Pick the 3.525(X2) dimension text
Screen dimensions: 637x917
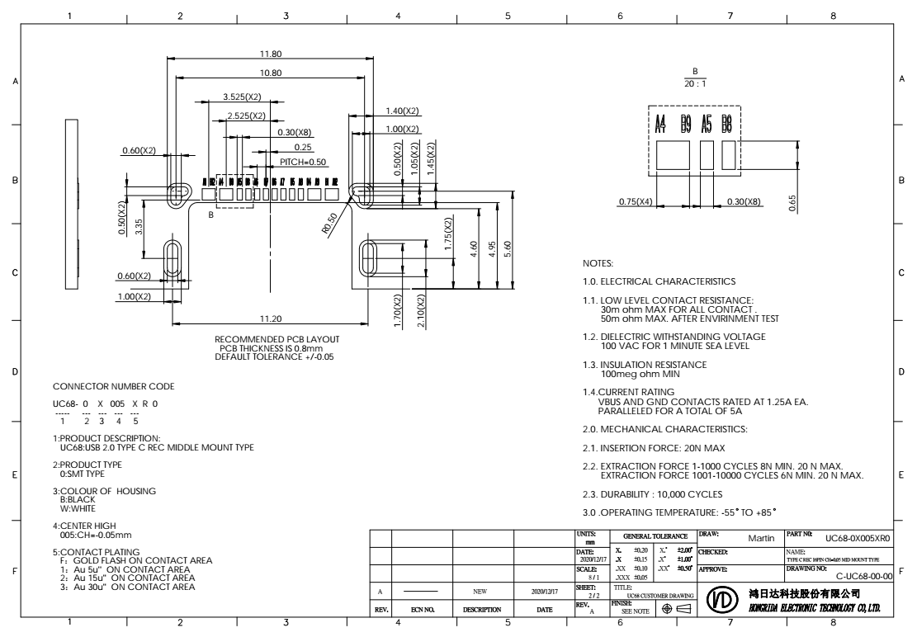(x=243, y=97)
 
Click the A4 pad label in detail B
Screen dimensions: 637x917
(x=660, y=125)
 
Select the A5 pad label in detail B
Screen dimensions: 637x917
(x=707, y=125)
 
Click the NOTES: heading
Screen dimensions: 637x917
(x=598, y=264)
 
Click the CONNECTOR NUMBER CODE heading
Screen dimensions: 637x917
(x=102, y=386)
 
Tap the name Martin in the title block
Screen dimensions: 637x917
(x=760, y=538)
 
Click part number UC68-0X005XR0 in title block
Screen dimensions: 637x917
(x=858, y=538)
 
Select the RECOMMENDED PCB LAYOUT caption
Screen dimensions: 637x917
(x=277, y=339)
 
